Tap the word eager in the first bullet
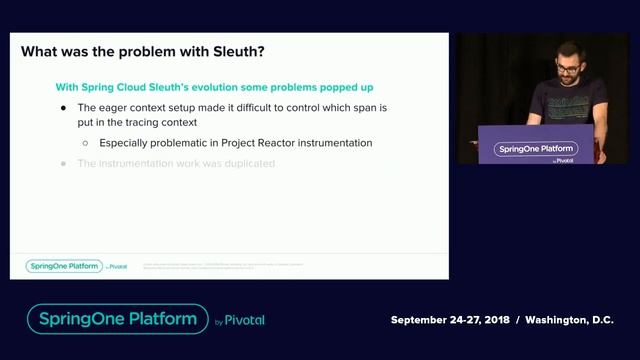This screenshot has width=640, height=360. (115, 107)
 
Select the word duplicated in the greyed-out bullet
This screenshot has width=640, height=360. (245, 163)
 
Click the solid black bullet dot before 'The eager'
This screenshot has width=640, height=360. (64, 107)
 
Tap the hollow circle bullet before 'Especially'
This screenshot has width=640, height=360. (86, 143)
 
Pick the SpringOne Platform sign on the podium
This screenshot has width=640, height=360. (536, 150)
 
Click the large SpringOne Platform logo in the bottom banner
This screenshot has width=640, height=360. (117, 319)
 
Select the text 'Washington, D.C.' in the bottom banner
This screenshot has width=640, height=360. (566, 320)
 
